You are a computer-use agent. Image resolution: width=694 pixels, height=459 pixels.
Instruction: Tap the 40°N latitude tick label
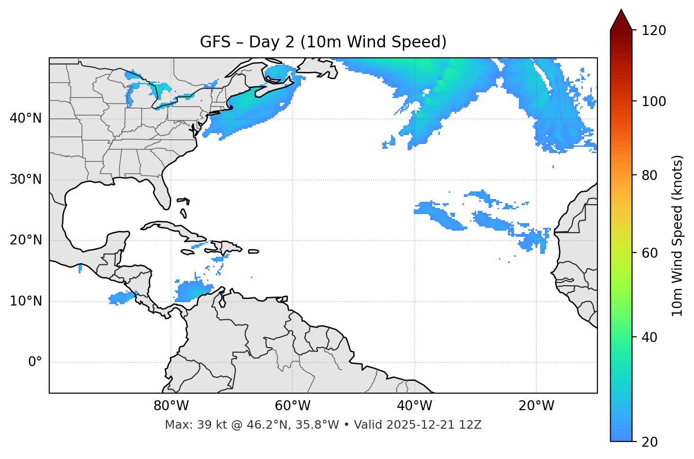pos(26,118)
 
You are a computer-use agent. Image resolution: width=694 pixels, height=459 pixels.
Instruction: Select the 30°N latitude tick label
pos(26,180)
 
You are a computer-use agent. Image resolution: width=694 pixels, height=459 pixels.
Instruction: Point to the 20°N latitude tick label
pos(26,240)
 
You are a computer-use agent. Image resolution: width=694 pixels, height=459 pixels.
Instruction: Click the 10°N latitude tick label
pos(26,301)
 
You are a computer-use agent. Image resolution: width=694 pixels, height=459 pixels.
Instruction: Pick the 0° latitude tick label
pos(35,362)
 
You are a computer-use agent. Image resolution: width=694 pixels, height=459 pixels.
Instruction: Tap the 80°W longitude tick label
pos(171,406)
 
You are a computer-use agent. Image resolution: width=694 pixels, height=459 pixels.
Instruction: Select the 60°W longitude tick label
pos(293,406)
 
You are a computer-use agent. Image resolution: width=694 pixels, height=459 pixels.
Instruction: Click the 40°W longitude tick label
pos(415,406)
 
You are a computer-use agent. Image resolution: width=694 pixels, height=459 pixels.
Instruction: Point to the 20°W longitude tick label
pos(536,406)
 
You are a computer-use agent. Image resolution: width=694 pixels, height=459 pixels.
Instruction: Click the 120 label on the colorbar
pos(654,31)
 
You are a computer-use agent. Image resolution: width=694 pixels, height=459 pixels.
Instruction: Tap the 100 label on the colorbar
pos(654,101)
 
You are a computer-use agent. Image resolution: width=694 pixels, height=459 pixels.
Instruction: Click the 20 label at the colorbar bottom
pos(650,442)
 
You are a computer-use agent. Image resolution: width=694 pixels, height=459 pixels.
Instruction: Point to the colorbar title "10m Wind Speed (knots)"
pos(677,235)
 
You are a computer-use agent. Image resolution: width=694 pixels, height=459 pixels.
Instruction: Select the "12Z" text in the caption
pos(472,425)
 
